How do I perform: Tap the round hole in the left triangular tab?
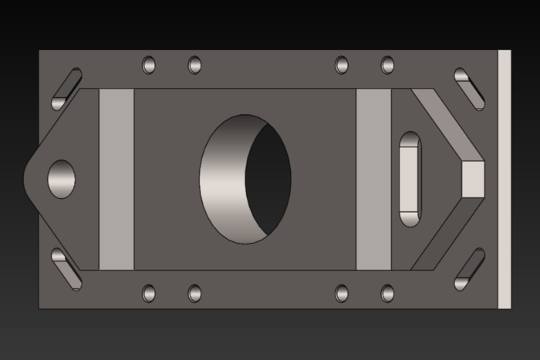tap(62, 179)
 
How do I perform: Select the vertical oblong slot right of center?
tap(410, 179)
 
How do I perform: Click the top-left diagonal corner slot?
tap(66, 89)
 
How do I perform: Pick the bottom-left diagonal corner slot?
tap(66, 269)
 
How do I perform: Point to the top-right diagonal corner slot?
tap(469, 88)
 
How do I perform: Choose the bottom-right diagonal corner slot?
tap(469, 269)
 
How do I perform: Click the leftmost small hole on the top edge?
tap(149, 65)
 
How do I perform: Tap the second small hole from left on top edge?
tap(194, 65)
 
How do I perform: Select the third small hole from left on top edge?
tap(342, 65)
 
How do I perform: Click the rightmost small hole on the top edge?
tap(387, 65)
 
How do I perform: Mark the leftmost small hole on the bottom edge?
tap(149, 293)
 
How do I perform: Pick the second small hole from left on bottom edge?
tap(194, 293)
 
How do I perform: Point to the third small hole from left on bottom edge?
tap(342, 293)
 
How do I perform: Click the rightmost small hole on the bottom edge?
tap(387, 293)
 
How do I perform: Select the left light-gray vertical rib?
tap(116, 179)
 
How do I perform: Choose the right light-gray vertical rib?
tap(373, 179)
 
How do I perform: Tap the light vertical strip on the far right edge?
tap(505, 179)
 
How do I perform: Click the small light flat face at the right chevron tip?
tap(472, 179)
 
